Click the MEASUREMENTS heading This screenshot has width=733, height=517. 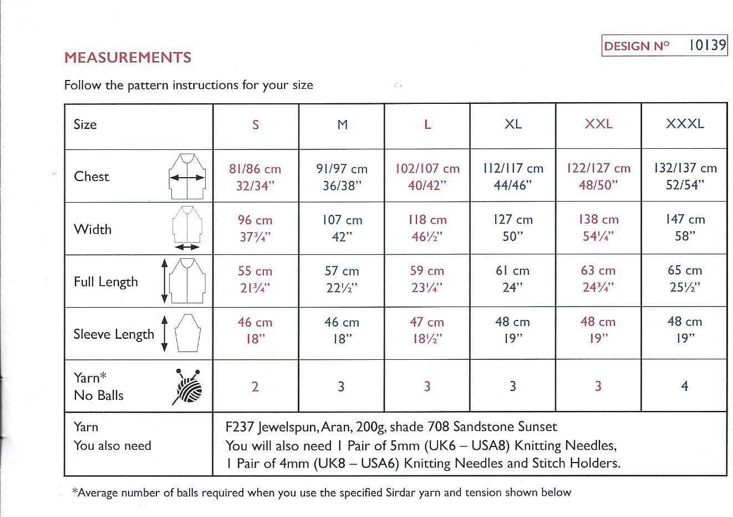(x=128, y=58)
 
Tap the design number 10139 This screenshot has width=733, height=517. (x=706, y=46)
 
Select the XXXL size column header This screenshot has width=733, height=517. (x=685, y=124)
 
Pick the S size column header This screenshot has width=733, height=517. (x=255, y=125)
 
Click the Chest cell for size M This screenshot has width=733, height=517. (x=342, y=177)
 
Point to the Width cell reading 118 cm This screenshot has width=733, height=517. (x=427, y=228)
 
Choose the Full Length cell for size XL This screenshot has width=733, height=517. (x=512, y=279)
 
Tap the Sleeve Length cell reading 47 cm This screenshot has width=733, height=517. (x=427, y=330)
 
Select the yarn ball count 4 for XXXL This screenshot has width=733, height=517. (x=685, y=387)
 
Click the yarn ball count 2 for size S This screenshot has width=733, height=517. (x=255, y=387)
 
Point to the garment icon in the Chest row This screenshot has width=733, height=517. (x=188, y=177)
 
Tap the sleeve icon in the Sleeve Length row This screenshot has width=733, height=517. (x=187, y=333)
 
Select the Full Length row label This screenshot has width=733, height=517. (x=105, y=282)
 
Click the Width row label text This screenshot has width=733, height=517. (x=93, y=229)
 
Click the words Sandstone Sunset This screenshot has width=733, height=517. (x=505, y=427)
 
